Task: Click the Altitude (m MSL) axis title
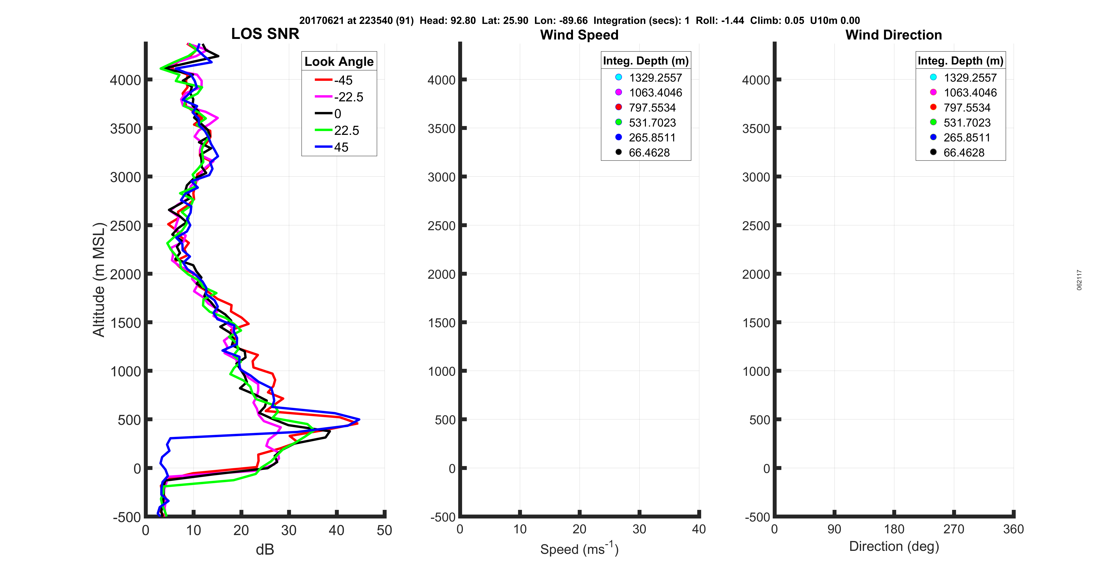click(99, 279)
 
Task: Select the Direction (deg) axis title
click(894, 546)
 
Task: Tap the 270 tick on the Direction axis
click(953, 529)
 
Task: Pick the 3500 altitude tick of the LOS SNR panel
click(125, 129)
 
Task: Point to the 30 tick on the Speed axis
click(639, 529)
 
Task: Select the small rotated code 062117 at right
click(1079, 280)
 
